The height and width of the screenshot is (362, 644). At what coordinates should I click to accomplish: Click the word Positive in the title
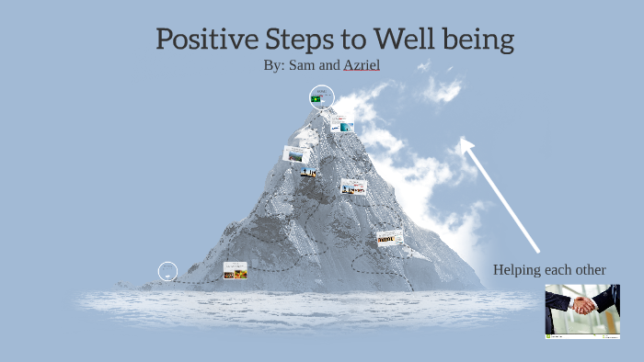pos(203,40)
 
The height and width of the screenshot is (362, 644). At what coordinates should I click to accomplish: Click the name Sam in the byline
pos(303,65)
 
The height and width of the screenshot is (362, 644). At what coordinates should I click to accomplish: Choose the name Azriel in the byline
pos(362,65)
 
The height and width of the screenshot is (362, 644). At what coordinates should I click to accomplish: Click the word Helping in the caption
pos(519,270)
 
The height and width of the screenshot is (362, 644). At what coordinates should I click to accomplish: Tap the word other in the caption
pos(589,270)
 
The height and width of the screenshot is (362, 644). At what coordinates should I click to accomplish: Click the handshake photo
pos(581,311)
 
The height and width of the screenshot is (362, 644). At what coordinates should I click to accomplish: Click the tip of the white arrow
pos(464,141)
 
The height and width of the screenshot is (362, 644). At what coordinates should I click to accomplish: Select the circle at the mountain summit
pos(322,97)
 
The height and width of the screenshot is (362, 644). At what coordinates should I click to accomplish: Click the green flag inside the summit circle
pos(316,98)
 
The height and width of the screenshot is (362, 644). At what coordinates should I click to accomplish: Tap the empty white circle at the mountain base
pos(167,271)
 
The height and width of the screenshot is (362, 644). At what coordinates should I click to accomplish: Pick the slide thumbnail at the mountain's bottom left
pos(235,270)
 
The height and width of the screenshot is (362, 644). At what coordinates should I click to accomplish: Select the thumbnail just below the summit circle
pos(342,124)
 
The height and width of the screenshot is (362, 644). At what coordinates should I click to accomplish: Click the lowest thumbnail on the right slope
pos(390,238)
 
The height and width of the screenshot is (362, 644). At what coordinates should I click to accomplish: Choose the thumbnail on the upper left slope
pos(295,153)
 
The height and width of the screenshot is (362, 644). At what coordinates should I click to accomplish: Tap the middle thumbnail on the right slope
pos(353,187)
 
